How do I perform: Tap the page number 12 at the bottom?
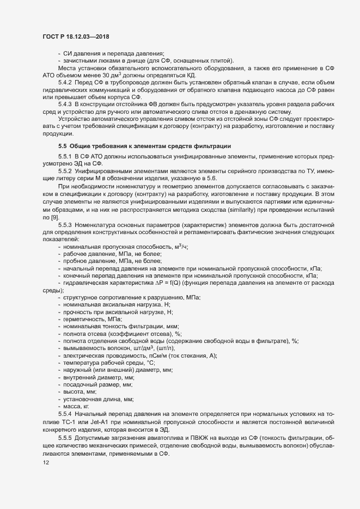38,463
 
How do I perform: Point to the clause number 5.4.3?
65,103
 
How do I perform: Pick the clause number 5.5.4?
65,413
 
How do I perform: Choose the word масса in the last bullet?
72,406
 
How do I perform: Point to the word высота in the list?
74,391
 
